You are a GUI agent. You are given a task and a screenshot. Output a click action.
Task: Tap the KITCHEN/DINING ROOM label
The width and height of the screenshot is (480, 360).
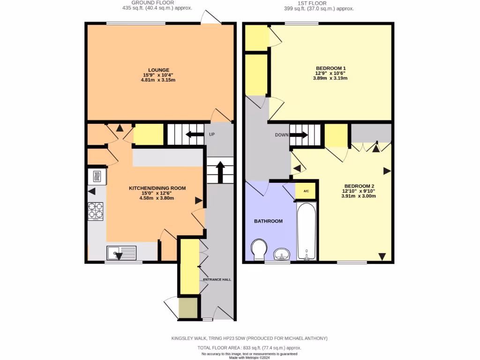[157, 188]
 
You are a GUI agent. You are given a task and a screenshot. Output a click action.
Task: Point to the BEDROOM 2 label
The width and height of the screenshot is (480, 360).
[359, 185]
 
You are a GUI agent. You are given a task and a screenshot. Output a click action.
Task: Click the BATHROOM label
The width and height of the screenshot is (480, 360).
[268, 221]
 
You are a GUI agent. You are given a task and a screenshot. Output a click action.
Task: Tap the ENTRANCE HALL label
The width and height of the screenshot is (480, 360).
[217, 279]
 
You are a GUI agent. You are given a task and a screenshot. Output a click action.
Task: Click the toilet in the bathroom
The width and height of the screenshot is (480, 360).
[258, 249]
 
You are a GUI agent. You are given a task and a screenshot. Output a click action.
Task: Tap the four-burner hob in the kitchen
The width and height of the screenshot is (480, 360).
[95, 210]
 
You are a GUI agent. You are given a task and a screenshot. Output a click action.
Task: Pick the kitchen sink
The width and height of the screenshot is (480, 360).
[121, 253]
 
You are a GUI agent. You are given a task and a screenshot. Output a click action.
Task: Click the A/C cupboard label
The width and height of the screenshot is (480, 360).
[306, 191]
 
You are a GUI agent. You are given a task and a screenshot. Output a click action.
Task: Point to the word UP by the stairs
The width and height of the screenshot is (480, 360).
[212, 135]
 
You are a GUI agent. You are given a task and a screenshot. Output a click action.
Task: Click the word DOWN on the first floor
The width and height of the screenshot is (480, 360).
[282, 135]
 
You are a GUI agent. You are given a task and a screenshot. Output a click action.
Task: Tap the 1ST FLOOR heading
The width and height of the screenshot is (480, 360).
[319, 3]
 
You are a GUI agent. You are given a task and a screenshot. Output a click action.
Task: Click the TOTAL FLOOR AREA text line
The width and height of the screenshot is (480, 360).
[249, 348]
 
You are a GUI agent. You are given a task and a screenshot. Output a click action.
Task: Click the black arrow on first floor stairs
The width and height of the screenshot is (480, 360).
[299, 135]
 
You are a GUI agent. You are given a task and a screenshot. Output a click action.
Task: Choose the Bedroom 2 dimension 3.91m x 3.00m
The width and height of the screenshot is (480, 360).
[359, 196]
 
